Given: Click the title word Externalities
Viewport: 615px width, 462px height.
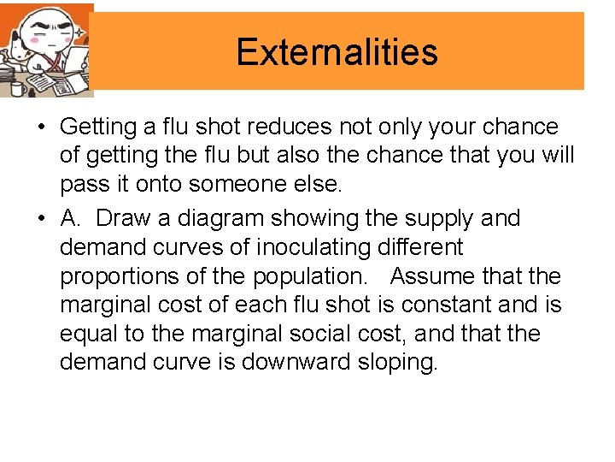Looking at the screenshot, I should point(337,52).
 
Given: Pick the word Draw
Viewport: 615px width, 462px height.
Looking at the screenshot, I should point(124,218).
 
